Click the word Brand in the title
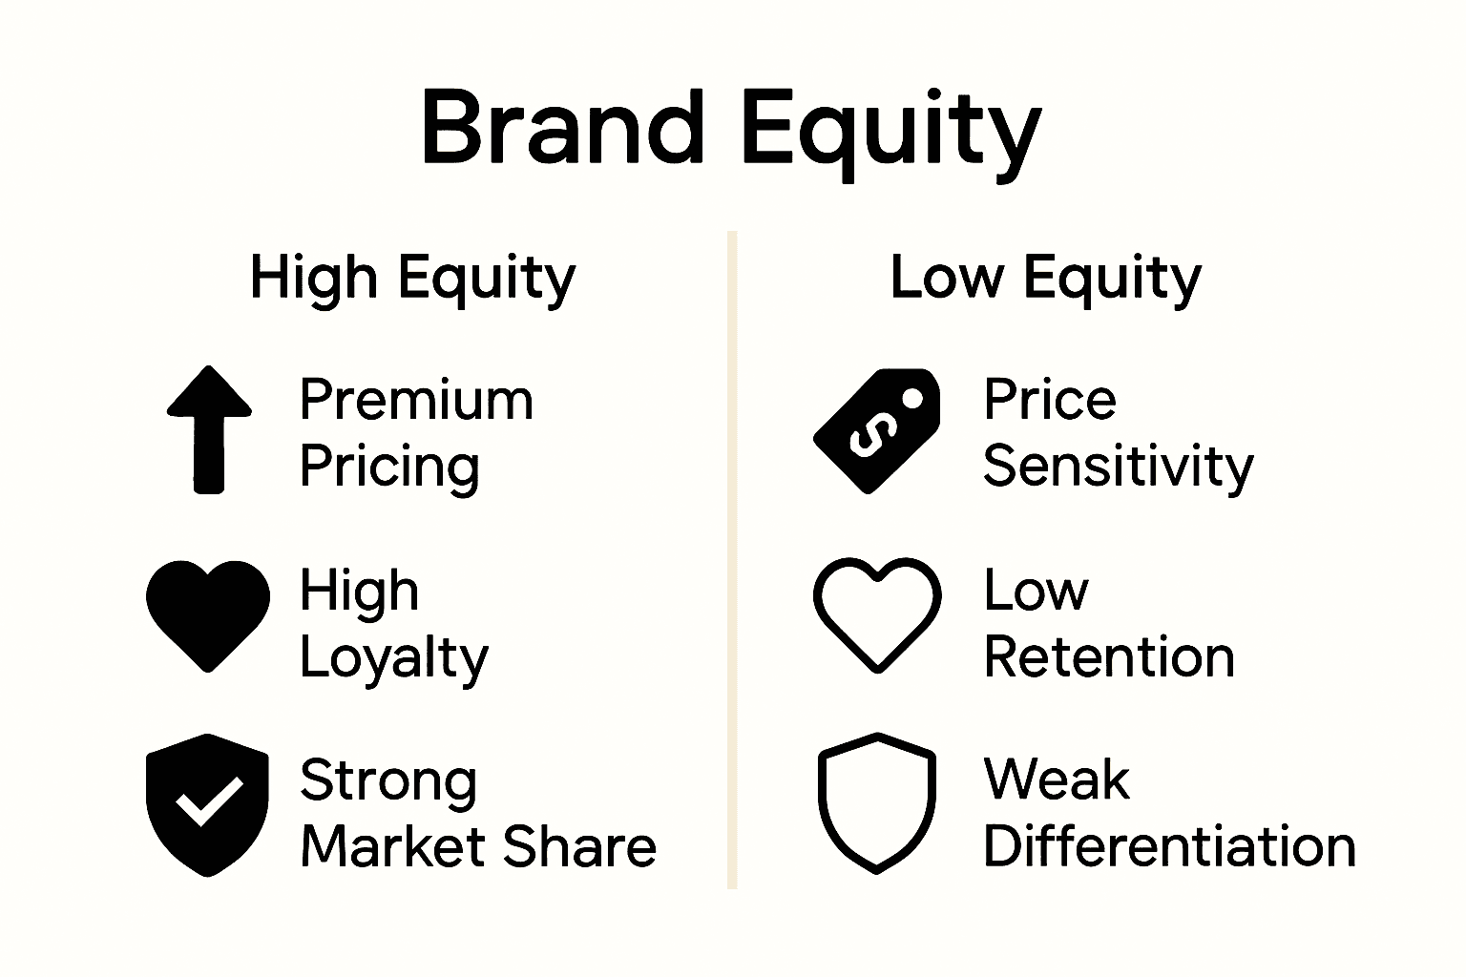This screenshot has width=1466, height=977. point(563,127)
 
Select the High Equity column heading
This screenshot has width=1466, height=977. point(412,278)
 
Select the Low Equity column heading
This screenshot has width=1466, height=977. point(1045,278)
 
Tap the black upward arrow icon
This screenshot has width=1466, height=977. point(209,429)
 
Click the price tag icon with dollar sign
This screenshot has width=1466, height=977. point(876,430)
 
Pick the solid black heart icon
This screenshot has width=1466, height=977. point(208,613)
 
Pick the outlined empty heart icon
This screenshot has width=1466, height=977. point(876,613)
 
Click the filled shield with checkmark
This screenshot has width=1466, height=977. point(207,803)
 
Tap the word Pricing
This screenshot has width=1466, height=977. point(389,467)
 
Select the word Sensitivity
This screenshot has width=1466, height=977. point(1118,467)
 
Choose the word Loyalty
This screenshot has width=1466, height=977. point(393,658)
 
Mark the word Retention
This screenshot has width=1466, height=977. point(1109,657)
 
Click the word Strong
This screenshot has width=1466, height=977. point(388,781)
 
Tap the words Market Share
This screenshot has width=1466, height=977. point(478,846)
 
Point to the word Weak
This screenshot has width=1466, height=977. point(1057,780)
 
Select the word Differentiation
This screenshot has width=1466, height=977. point(1169,846)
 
